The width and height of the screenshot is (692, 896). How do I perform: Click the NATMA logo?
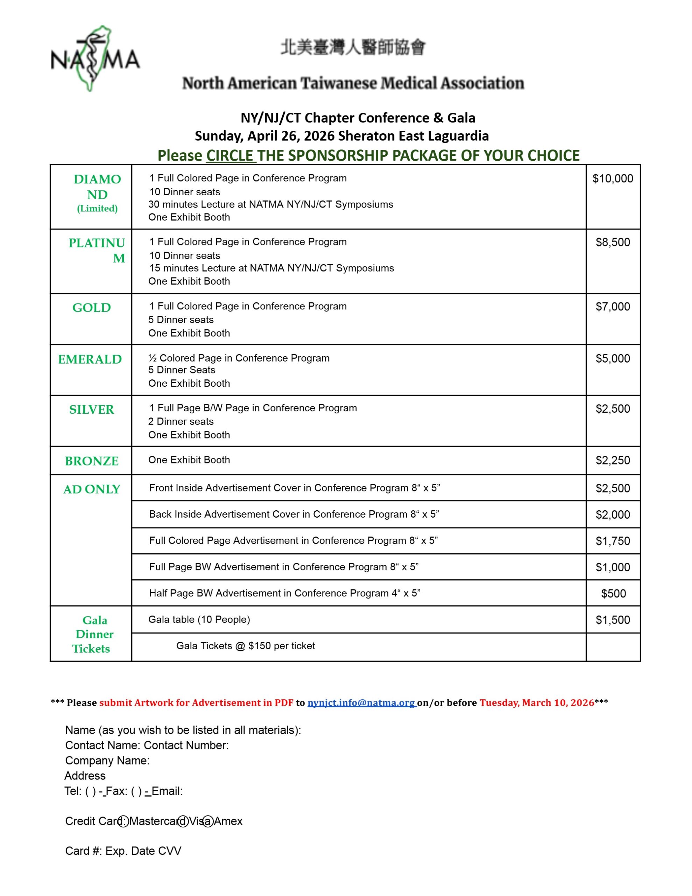tap(95, 59)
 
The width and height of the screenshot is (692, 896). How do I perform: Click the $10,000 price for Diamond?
tap(613, 178)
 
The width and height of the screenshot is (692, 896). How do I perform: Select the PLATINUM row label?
tap(97, 250)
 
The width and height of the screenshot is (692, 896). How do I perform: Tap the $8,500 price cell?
tap(613, 242)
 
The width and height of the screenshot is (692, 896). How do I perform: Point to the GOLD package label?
tap(91, 308)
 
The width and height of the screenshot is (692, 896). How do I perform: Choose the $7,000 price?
tap(613, 307)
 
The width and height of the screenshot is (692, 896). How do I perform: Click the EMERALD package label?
tap(90, 359)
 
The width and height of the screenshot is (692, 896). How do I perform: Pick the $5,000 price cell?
tap(613, 358)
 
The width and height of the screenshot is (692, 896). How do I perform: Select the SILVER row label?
tap(91, 409)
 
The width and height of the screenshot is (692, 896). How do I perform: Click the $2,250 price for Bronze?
tap(613, 460)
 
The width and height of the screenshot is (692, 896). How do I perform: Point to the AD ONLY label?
tap(91, 489)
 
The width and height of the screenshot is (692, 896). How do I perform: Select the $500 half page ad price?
tap(613, 593)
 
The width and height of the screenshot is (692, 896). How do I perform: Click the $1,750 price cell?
tap(613, 541)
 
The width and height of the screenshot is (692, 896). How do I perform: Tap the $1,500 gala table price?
tap(613, 619)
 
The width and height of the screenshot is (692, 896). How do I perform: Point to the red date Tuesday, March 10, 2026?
tap(537, 703)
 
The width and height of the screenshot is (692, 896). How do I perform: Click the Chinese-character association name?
tap(353, 47)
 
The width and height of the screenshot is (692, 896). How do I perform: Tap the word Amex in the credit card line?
tap(228, 821)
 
